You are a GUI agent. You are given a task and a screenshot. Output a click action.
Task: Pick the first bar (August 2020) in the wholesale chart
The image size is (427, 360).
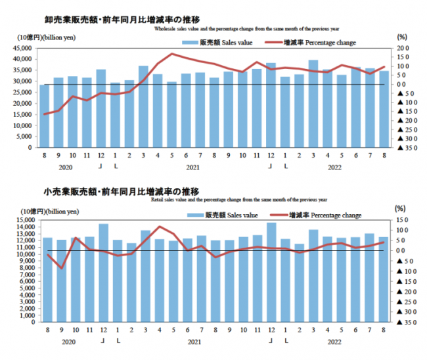click(44, 116)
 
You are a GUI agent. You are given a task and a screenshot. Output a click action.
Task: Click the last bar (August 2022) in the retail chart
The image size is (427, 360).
click(383, 279)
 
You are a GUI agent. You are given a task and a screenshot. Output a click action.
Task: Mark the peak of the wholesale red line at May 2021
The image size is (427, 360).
click(172, 54)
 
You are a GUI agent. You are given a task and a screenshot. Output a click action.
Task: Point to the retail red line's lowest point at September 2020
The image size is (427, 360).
click(61, 268)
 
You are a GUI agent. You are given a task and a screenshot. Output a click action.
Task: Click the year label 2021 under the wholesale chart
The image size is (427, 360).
click(192, 167)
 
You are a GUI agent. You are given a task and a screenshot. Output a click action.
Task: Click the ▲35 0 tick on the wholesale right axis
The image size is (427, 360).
click(403, 148)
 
